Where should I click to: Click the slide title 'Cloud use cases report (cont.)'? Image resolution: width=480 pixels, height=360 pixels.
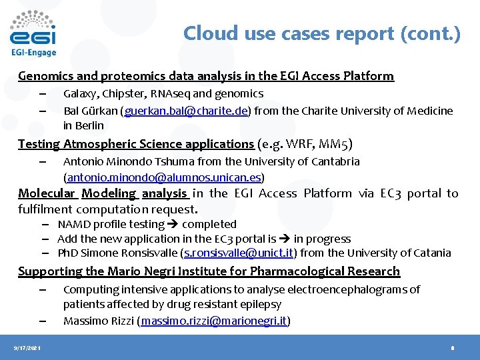coord(321,33)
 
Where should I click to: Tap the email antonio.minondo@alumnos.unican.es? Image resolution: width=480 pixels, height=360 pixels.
coord(163,177)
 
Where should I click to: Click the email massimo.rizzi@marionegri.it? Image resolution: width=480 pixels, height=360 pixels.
coord(213,321)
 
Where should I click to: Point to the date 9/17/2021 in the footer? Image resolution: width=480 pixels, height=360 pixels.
coord(26,347)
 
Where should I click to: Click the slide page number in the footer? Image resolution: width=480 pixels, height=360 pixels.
coord(452,347)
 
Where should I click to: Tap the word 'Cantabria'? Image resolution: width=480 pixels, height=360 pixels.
coord(335,161)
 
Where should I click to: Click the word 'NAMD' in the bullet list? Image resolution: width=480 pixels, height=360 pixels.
coord(73,224)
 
